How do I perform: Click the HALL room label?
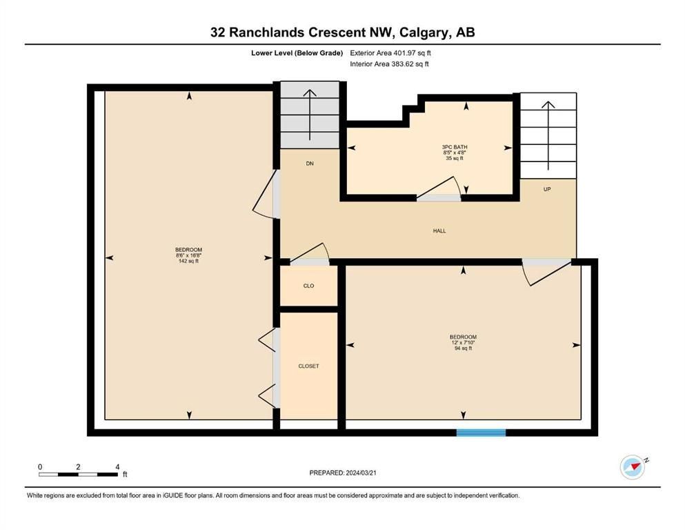click(439, 230)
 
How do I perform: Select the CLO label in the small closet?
click(308, 286)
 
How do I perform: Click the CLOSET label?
click(308, 366)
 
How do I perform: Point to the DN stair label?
click(310, 164)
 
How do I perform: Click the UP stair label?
click(547, 189)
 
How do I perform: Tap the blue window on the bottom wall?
click(481, 433)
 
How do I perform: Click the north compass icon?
click(633, 467)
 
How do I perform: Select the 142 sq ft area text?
click(188, 262)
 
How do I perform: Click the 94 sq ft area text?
click(463, 349)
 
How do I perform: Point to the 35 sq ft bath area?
click(455, 158)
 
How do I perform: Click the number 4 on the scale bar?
click(117, 467)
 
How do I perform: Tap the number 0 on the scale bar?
click(40, 467)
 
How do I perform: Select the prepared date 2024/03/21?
click(361, 473)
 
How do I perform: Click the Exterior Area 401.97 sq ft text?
click(390, 53)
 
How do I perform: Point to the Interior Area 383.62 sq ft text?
click(389, 63)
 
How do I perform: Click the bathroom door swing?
click(439, 188)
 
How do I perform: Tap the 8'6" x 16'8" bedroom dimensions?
click(188, 255)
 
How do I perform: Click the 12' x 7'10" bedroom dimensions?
click(463, 342)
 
